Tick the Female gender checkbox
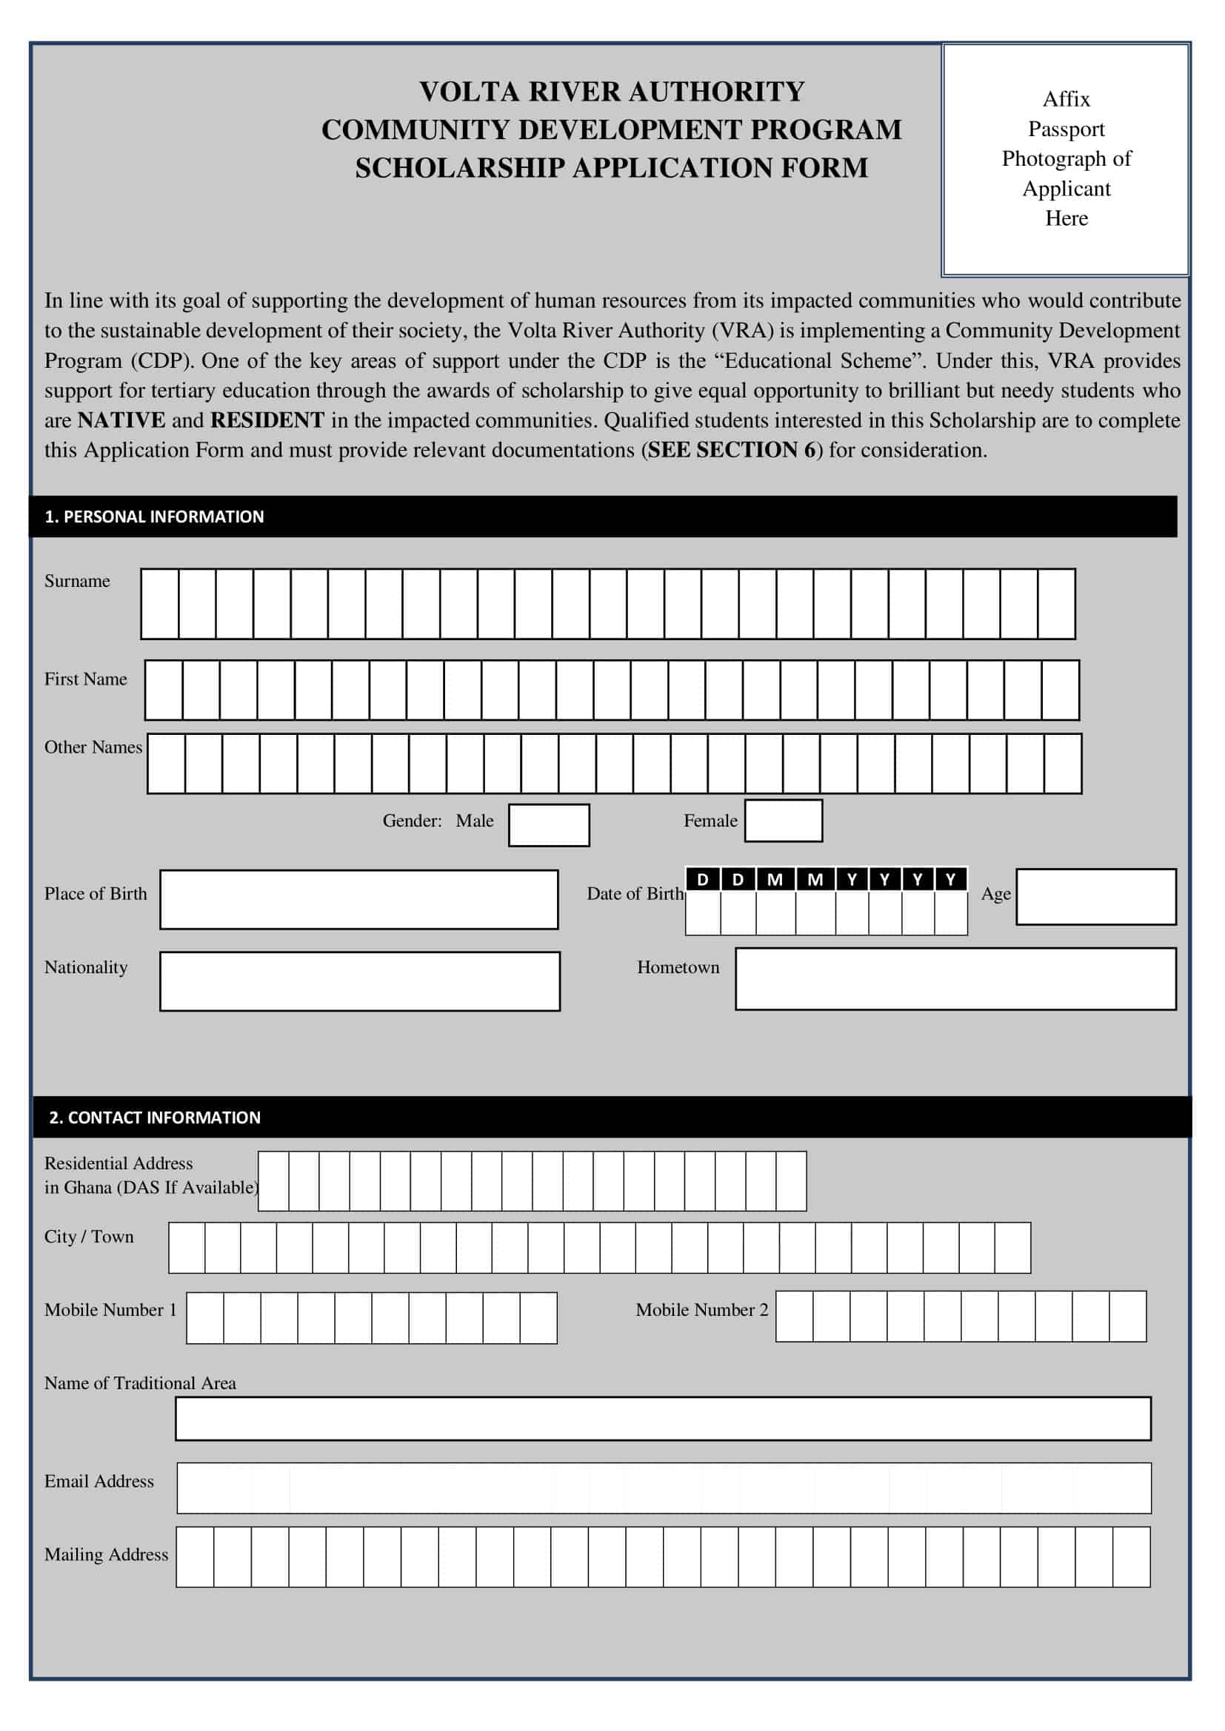coord(783,820)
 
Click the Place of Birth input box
coord(359,899)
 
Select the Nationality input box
coord(360,981)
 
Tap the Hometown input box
coord(955,978)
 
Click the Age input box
coord(1095,896)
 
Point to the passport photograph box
coord(1065,160)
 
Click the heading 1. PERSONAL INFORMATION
coord(155,517)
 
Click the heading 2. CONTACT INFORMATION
coord(155,1117)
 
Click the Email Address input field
coord(663,1488)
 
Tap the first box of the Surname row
coord(160,604)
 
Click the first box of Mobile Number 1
coord(205,1318)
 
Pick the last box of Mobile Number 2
coord(1127,1317)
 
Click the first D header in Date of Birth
coord(702,879)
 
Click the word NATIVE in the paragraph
coord(121,420)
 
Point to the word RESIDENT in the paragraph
coord(267,420)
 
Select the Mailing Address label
coord(107,1554)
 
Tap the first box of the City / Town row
coord(187,1248)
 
